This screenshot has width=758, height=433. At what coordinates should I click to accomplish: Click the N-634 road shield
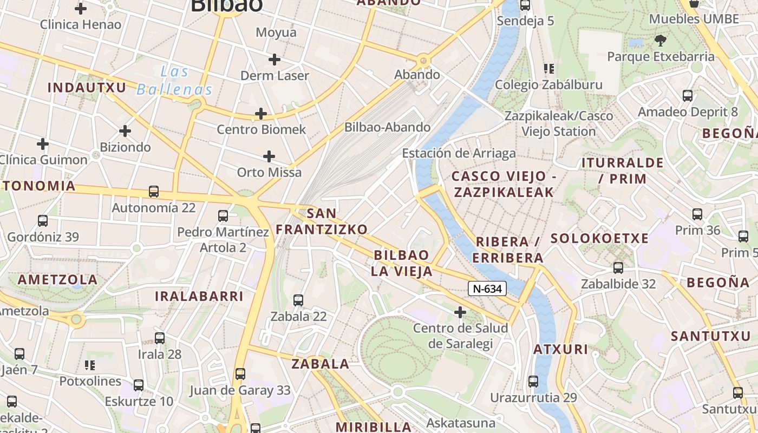click(x=487, y=289)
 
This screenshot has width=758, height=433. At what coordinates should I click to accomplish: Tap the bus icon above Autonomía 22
click(x=154, y=192)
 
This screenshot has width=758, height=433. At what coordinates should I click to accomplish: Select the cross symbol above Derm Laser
click(x=275, y=60)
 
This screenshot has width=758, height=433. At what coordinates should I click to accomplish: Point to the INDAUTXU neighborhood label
click(x=87, y=88)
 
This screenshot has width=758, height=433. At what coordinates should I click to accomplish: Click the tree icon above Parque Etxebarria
click(x=660, y=40)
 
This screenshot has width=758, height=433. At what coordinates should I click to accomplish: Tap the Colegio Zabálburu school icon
click(x=549, y=69)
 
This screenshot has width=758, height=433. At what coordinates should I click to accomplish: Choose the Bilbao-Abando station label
click(x=388, y=128)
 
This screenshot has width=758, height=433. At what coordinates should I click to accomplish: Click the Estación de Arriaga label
click(x=459, y=154)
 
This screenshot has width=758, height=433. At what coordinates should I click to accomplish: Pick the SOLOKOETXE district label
click(x=599, y=239)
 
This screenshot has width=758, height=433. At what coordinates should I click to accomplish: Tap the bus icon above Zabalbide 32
click(x=618, y=267)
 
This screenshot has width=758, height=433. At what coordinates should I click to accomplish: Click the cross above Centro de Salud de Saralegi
click(x=460, y=312)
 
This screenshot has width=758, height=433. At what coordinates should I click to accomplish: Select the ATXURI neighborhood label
click(x=560, y=349)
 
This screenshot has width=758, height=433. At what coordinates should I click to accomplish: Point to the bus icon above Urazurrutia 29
click(x=533, y=382)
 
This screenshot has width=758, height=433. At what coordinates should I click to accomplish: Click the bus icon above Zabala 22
click(x=298, y=300)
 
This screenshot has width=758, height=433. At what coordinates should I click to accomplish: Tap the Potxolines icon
click(x=90, y=365)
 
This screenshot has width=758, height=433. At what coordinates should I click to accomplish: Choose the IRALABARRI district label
click(x=199, y=297)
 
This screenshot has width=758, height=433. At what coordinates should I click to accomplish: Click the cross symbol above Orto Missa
click(x=269, y=157)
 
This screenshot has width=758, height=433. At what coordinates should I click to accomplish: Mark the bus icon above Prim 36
click(x=697, y=214)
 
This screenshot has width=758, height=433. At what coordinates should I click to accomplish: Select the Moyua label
click(x=276, y=32)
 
